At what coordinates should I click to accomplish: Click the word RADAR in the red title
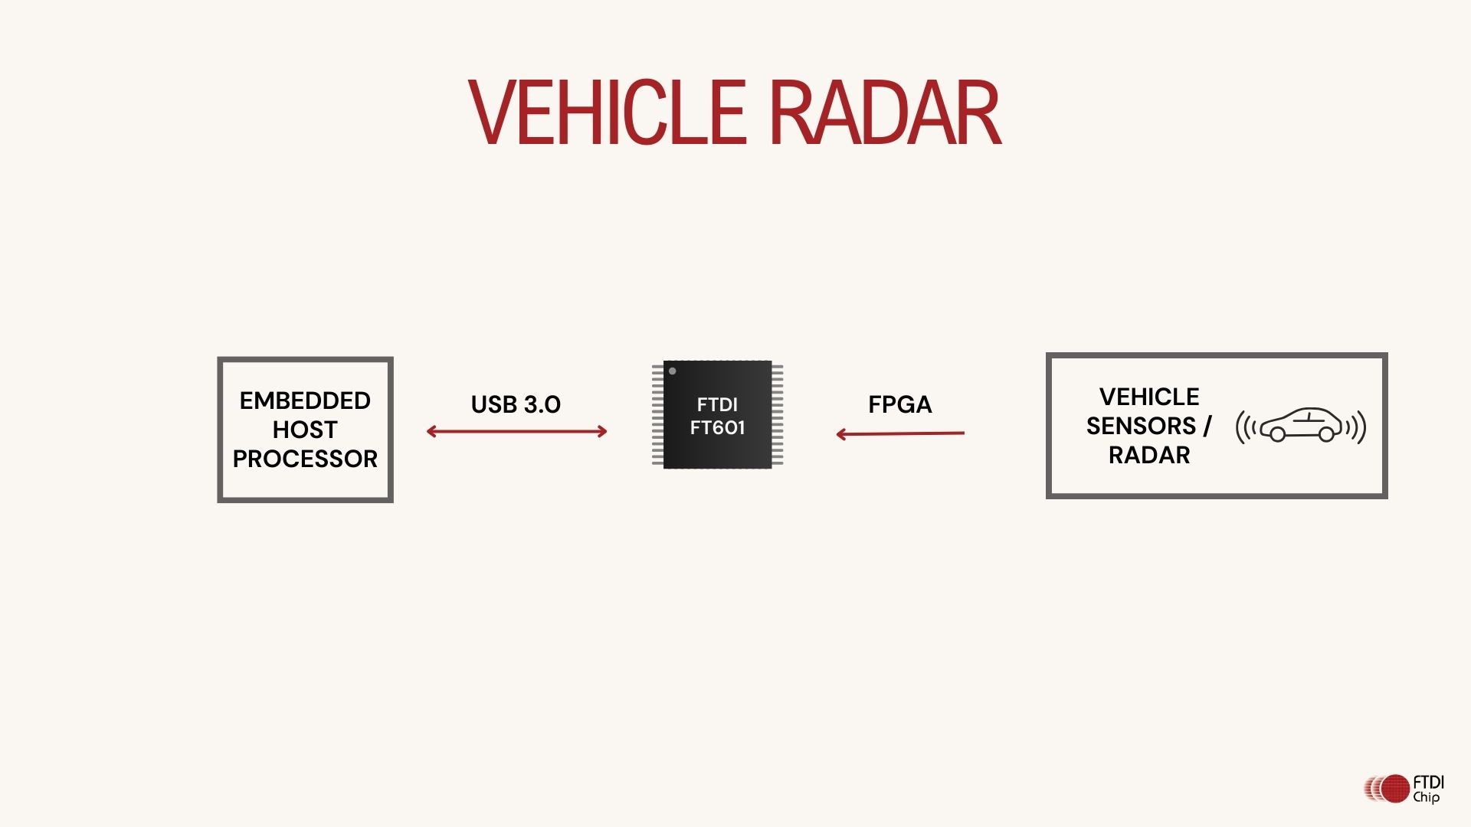click(885, 113)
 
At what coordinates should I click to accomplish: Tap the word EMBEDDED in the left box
click(305, 400)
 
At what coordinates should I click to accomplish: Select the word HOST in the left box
click(305, 430)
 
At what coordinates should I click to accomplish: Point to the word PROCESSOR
click(305, 459)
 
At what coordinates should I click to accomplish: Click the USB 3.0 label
click(516, 404)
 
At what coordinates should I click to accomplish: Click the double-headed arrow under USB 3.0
click(516, 432)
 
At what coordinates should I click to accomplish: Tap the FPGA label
click(899, 404)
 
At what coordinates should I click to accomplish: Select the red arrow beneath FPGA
click(900, 434)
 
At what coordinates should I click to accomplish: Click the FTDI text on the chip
click(717, 404)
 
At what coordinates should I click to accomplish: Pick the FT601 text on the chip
click(717, 428)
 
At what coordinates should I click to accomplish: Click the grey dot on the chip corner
click(673, 371)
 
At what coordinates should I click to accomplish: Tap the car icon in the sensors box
click(1301, 425)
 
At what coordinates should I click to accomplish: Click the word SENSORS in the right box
click(1141, 426)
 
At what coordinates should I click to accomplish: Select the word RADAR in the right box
click(1149, 456)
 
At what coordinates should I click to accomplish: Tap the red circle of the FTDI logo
click(1395, 789)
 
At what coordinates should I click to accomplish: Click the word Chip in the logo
click(1427, 798)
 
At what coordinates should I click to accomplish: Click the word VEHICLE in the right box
click(1149, 397)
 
